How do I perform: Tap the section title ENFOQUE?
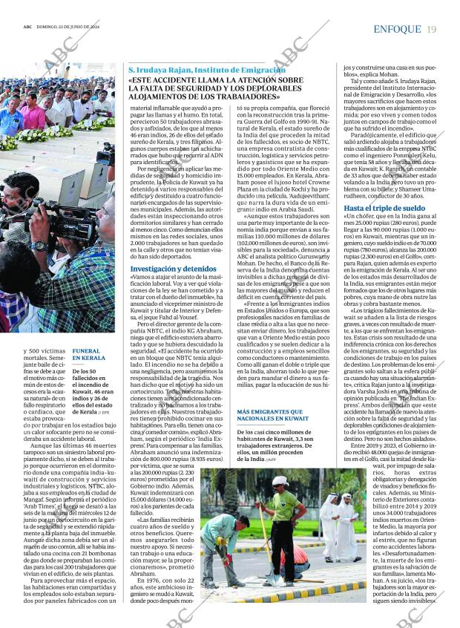pos(398,29)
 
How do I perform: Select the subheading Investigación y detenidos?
pos(173,269)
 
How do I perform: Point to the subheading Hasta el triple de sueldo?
pos(385,209)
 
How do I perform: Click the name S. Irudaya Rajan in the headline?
pos(161,70)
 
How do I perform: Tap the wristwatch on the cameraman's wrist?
pos(39,246)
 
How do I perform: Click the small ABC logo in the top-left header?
pos(27,30)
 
